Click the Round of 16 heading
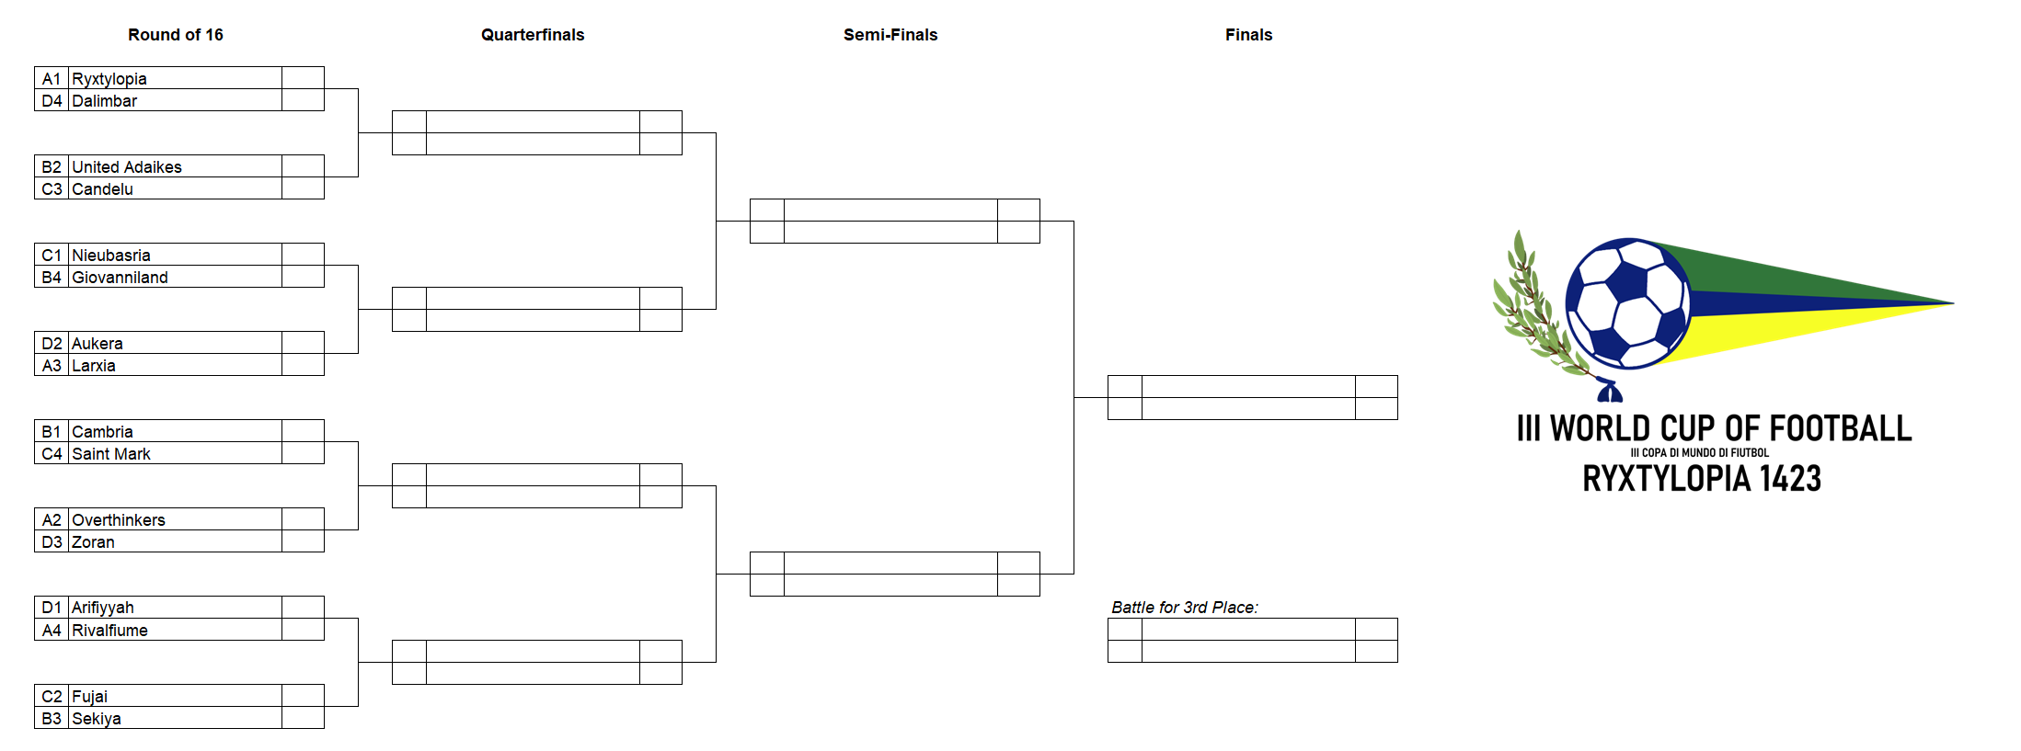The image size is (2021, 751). pyautogui.click(x=175, y=35)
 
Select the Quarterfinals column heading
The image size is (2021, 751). pyautogui.click(x=533, y=35)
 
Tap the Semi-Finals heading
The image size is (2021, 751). pyautogui.click(x=890, y=35)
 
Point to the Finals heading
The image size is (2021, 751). pyautogui.click(x=1248, y=35)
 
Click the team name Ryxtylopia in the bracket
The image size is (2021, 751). pyautogui.click(x=109, y=79)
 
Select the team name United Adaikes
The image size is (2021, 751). pyautogui.click(x=127, y=167)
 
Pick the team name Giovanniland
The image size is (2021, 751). pyautogui.click(x=120, y=278)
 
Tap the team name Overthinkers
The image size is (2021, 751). pyautogui.click(x=119, y=520)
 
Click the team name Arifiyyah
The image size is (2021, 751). pyautogui.click(x=103, y=609)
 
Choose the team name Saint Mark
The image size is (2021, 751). pyautogui.click(x=111, y=454)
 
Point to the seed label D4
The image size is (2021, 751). pyautogui.click(x=52, y=101)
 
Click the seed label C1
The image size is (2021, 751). pyautogui.click(x=52, y=256)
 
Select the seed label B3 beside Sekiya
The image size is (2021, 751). pyautogui.click(x=52, y=719)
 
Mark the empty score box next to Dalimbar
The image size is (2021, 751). pyautogui.click(x=303, y=100)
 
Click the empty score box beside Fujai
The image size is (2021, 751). pyautogui.click(x=303, y=696)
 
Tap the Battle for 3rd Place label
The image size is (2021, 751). pyautogui.click(x=1185, y=608)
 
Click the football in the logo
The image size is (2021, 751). pyautogui.click(x=1628, y=303)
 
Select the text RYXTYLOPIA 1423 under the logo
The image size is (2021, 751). pyautogui.click(x=1702, y=478)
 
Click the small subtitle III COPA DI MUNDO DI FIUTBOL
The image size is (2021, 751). pyautogui.click(x=1700, y=452)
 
